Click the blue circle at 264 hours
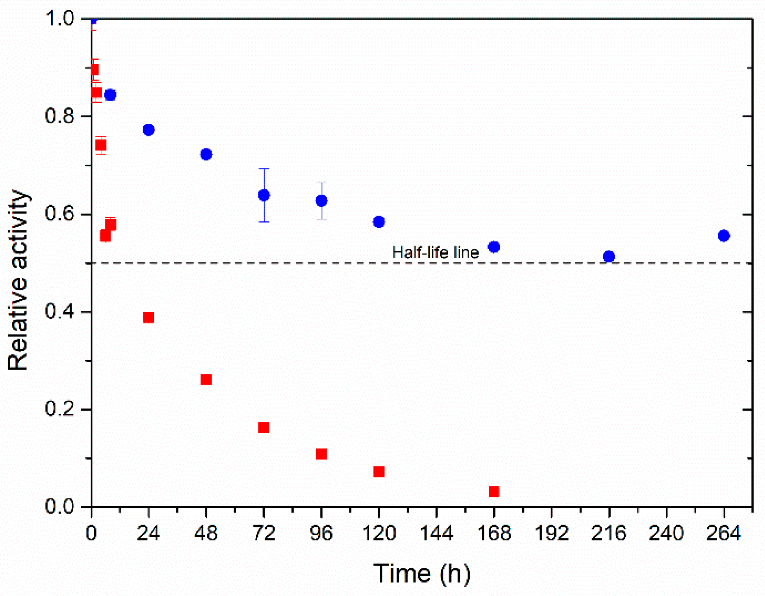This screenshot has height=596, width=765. pyautogui.click(x=724, y=235)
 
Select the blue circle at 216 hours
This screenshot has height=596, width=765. pyautogui.click(x=609, y=256)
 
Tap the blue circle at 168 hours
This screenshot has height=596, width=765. pyautogui.click(x=494, y=247)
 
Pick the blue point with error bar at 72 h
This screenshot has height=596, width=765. pyautogui.click(x=264, y=195)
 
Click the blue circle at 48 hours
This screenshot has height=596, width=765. pyautogui.click(x=206, y=154)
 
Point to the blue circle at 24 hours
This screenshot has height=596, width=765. pyautogui.click(x=149, y=130)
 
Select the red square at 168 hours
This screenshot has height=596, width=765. pyautogui.click(x=494, y=491)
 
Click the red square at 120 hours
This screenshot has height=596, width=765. pyautogui.click(x=379, y=471)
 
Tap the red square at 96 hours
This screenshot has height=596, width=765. pyautogui.click(x=321, y=453)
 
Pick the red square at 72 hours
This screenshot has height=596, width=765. pyautogui.click(x=264, y=427)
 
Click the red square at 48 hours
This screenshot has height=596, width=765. pyautogui.click(x=206, y=380)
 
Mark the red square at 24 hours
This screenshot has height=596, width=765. pyautogui.click(x=149, y=317)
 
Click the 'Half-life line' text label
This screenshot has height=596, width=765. pyautogui.click(x=435, y=253)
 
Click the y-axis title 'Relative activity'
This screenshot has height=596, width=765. pyautogui.click(x=18, y=280)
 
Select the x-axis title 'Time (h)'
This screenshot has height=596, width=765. pyautogui.click(x=422, y=573)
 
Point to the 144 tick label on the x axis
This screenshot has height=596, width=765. pyautogui.click(x=436, y=533)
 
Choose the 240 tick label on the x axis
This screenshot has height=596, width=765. pyautogui.click(x=666, y=533)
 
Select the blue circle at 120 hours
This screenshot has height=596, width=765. pyautogui.click(x=379, y=222)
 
